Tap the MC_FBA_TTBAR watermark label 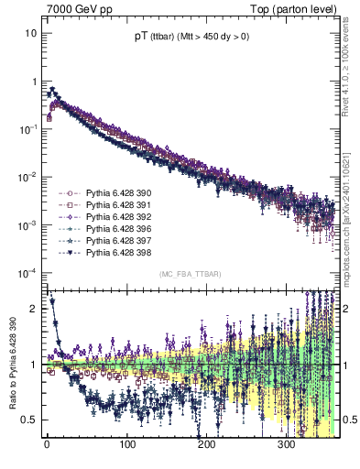(x=189, y=275)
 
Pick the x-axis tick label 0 (x=47, y=445)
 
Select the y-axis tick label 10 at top (x=31, y=33)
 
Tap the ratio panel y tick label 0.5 (x=30, y=420)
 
